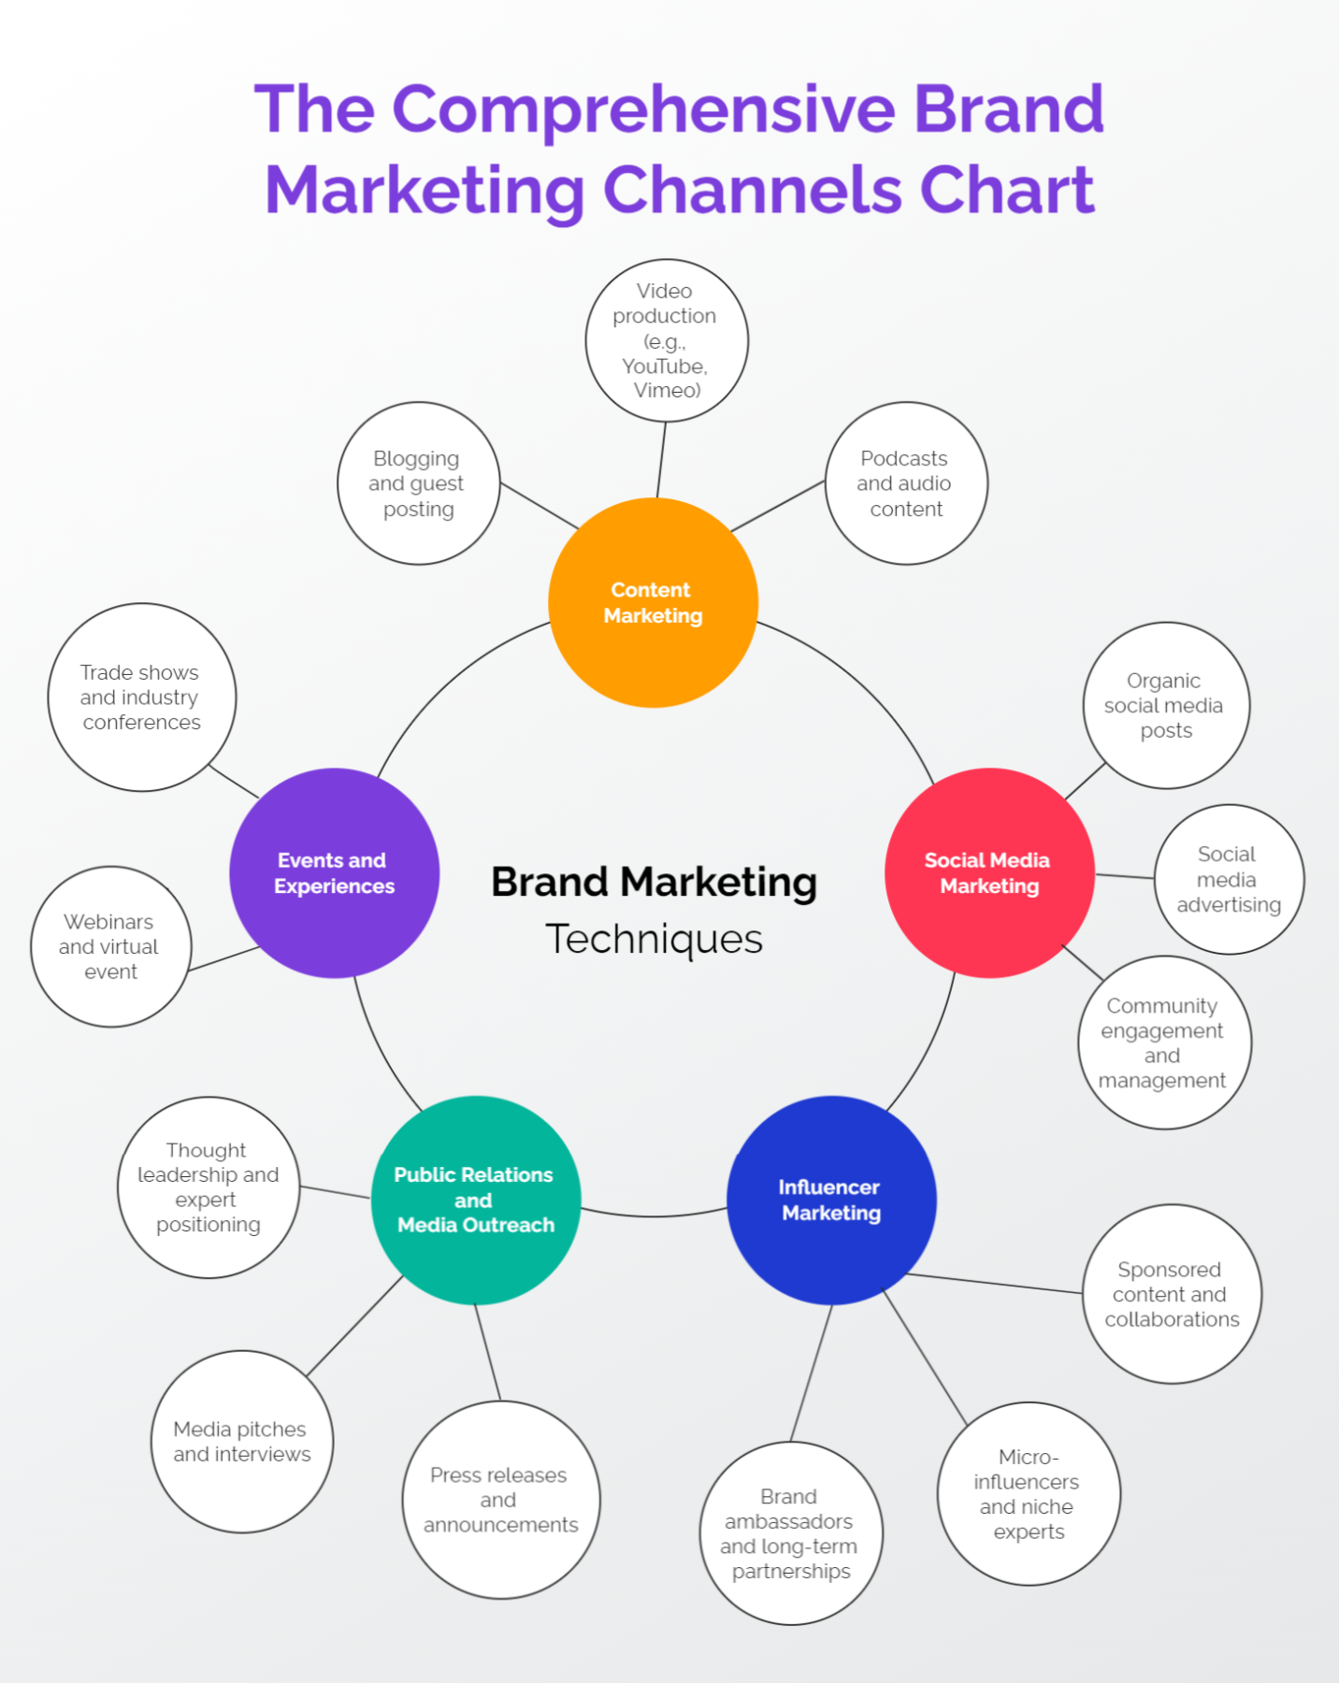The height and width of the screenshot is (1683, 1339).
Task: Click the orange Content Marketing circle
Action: click(x=653, y=602)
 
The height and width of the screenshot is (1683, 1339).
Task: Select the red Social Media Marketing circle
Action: click(x=989, y=872)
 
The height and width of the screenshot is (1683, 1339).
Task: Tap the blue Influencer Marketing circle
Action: click(x=831, y=1200)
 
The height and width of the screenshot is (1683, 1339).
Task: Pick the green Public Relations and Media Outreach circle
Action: click(x=475, y=1200)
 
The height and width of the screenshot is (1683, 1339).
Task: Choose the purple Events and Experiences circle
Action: click(x=334, y=872)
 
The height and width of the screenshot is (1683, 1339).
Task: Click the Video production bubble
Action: click(x=666, y=340)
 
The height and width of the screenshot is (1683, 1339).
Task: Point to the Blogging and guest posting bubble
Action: click(x=418, y=483)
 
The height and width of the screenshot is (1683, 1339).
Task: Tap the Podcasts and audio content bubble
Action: click(x=905, y=483)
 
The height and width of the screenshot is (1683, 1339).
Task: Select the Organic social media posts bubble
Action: click(x=1165, y=705)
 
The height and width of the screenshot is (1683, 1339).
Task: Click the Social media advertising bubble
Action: click(x=1229, y=879)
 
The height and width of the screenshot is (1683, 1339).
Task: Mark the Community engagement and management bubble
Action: click(x=1163, y=1042)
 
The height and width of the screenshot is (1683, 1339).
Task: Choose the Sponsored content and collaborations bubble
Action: click(x=1171, y=1294)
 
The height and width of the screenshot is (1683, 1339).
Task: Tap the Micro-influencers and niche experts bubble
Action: click(x=1028, y=1493)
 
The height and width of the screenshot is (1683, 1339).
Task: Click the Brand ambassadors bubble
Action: click(x=790, y=1533)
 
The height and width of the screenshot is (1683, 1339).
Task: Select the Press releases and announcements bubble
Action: click(x=500, y=1499)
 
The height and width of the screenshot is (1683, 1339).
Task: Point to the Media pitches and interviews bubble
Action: click(x=241, y=1441)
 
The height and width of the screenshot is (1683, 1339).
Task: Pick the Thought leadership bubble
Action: click(x=208, y=1187)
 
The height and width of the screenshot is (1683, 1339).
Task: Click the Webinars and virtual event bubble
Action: click(x=110, y=946)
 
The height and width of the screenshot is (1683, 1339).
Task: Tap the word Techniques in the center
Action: click(x=654, y=939)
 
